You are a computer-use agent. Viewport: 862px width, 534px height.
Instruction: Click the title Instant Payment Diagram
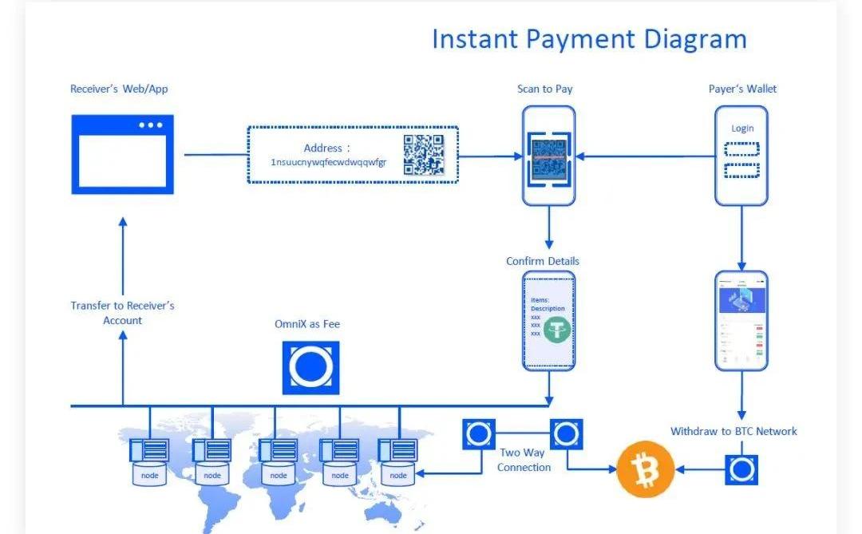tap(589, 39)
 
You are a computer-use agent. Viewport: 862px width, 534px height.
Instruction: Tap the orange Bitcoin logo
tap(645, 469)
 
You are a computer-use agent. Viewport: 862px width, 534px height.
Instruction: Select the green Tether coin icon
tap(557, 329)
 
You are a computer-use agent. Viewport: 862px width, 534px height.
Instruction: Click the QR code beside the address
tap(423, 155)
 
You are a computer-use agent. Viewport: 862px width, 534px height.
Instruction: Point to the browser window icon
tap(122, 154)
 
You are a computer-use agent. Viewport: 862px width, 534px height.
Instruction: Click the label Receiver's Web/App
tap(119, 89)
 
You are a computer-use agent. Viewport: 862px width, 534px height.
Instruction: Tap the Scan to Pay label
tap(544, 89)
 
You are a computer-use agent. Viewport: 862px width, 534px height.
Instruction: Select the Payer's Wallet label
tap(742, 89)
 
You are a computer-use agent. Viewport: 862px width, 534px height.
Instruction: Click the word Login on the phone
tap(742, 128)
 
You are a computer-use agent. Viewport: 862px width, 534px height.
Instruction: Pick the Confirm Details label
tap(543, 261)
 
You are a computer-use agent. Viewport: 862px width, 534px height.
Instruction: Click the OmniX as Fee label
tap(307, 324)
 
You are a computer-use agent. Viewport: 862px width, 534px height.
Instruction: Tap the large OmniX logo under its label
tap(310, 367)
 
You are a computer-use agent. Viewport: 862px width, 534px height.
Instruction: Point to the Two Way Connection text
tap(524, 460)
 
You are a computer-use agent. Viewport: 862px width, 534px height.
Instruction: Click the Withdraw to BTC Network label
tap(733, 431)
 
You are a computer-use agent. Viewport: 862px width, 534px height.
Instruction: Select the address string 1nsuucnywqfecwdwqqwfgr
tap(328, 162)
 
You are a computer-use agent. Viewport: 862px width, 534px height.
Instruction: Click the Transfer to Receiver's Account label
tap(122, 313)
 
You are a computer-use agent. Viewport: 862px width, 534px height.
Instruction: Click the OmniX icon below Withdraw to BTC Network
tap(741, 469)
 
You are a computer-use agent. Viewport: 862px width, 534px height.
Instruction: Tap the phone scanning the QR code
tap(548, 156)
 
